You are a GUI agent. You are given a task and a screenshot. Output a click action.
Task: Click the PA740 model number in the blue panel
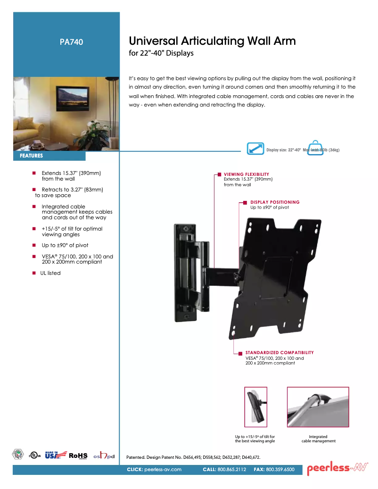click(x=72, y=42)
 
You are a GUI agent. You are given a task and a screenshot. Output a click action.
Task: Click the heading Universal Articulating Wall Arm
click(x=212, y=41)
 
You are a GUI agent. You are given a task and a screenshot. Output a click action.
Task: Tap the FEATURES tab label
click(x=32, y=156)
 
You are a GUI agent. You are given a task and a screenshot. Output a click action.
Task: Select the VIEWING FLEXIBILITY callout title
click(x=246, y=174)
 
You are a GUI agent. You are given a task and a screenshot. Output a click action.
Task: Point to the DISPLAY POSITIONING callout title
click(x=275, y=202)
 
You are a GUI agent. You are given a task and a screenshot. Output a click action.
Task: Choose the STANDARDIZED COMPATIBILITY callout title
click(x=279, y=353)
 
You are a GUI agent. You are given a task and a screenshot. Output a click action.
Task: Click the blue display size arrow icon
click(x=255, y=149)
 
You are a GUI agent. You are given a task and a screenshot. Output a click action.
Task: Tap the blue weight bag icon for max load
click(x=315, y=148)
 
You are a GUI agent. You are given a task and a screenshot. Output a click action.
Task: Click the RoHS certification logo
click(x=78, y=456)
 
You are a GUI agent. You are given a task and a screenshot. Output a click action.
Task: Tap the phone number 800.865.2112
click(x=231, y=470)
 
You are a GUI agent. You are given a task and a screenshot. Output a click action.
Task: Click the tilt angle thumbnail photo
click(x=255, y=406)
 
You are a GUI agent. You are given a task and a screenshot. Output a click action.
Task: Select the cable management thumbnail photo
click(x=318, y=406)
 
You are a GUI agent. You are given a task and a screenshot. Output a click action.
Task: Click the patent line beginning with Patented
click(x=193, y=457)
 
